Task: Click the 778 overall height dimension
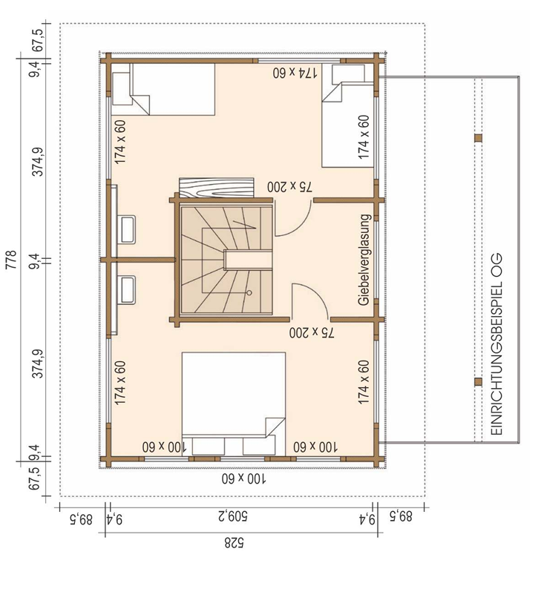(x=12, y=260)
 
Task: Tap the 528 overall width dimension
(x=235, y=543)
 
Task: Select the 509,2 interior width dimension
(x=233, y=516)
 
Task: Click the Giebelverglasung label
(x=364, y=260)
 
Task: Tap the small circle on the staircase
(x=249, y=292)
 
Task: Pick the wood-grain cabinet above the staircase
(x=216, y=187)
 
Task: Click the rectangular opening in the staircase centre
(x=248, y=260)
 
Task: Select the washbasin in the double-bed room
(x=127, y=289)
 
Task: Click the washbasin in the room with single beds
(x=128, y=229)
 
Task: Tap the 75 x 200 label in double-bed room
(x=312, y=332)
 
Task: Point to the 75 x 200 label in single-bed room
(x=289, y=186)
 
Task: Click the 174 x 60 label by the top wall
(x=295, y=72)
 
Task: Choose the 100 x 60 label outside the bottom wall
(x=243, y=478)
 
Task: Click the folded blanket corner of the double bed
(x=275, y=427)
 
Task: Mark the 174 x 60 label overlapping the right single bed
(x=364, y=137)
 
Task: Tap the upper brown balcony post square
(x=478, y=138)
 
